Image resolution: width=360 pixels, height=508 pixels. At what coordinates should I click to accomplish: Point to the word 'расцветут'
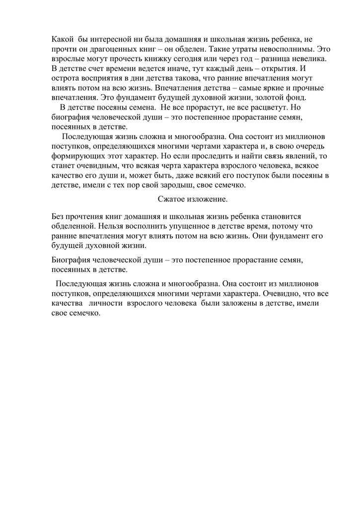point(262,107)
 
